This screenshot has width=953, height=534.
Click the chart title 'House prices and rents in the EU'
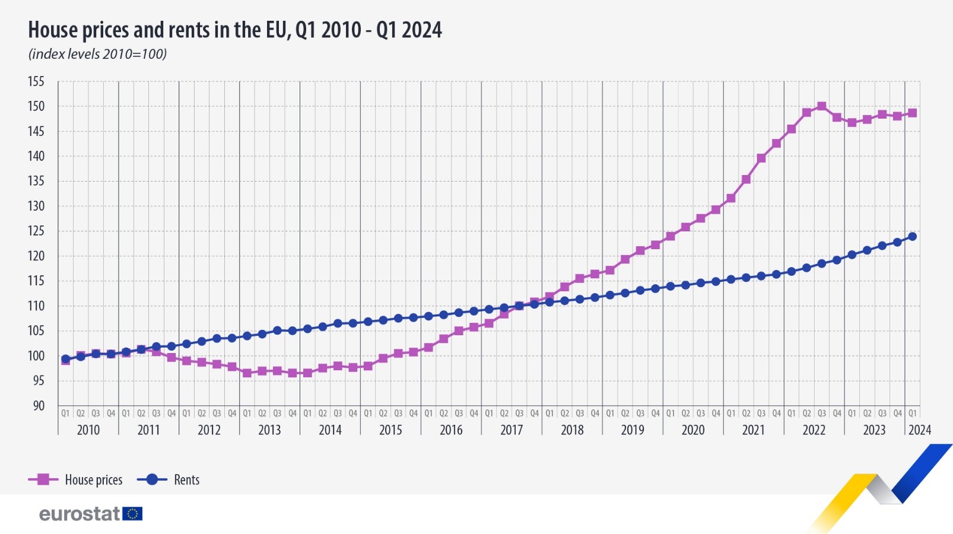click(x=235, y=30)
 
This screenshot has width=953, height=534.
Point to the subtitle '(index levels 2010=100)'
click(x=97, y=54)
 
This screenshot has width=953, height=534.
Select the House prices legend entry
click(x=75, y=479)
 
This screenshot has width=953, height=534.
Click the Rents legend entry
click(x=169, y=479)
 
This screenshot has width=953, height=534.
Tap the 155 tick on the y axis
click(x=36, y=81)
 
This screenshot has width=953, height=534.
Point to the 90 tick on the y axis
click(x=39, y=406)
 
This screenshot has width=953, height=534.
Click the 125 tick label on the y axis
click(x=36, y=231)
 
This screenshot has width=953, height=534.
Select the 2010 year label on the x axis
click(x=88, y=430)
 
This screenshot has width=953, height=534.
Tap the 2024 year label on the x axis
click(x=919, y=430)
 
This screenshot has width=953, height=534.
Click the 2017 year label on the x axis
click(x=511, y=430)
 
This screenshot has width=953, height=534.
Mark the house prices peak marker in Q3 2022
click(x=822, y=107)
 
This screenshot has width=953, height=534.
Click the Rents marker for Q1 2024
click(x=913, y=237)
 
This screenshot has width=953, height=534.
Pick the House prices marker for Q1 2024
click(x=913, y=113)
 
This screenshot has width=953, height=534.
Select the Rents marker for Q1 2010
click(x=65, y=359)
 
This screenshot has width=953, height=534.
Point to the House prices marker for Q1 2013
click(x=247, y=373)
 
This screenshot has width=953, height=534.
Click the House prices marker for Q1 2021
click(x=731, y=198)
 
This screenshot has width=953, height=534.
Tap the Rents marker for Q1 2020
click(x=671, y=287)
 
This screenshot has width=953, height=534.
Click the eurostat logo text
click(x=80, y=514)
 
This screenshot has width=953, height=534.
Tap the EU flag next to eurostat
click(x=132, y=514)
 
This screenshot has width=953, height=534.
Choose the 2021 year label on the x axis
click(x=753, y=430)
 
